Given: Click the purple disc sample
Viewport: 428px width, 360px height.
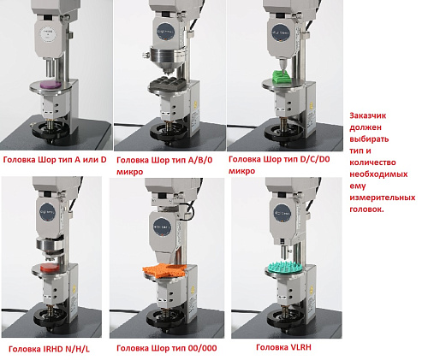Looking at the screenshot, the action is (51, 85).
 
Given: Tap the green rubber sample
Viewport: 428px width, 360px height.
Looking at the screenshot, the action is (282, 77).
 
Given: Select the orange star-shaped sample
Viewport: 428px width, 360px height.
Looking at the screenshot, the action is (164, 270).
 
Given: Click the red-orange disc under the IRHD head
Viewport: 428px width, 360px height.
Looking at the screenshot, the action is (50, 267).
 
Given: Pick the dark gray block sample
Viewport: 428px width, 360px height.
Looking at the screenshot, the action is (167, 84).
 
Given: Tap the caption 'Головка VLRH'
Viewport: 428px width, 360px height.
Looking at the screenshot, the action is (283, 347).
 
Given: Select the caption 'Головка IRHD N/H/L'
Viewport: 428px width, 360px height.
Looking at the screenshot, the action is (49, 349).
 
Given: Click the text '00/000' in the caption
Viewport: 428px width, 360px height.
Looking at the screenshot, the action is (202, 348).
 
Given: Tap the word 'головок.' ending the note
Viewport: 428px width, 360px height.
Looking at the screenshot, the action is (366, 210).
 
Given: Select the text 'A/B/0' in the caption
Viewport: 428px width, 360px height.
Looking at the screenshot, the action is (200, 160).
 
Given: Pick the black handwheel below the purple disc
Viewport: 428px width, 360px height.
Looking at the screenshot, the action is (51, 130).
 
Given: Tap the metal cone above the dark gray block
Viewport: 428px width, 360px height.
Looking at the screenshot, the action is (167, 62).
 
